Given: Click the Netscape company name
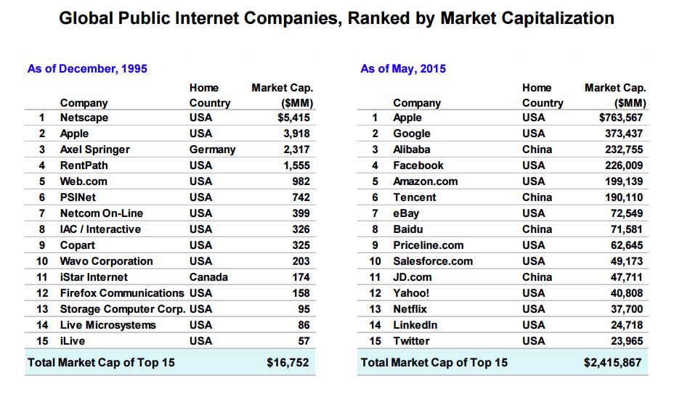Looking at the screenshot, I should [84, 118].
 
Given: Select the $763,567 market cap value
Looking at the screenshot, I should [622, 118].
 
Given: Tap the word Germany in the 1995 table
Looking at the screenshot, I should [212, 149].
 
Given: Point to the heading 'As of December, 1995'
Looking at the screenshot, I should [87, 69].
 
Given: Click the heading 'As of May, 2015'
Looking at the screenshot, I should [403, 69].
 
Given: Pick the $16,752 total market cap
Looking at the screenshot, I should [290, 363].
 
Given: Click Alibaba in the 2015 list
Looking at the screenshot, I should [412, 149].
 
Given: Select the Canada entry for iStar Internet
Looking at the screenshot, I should [208, 277].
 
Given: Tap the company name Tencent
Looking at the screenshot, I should [415, 197].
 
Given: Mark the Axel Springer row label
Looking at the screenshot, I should [94, 149].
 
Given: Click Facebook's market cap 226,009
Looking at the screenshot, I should [625, 165].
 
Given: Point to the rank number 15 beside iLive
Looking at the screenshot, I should [42, 341].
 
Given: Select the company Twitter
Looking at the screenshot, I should [411, 341].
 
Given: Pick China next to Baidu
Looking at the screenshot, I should [537, 229].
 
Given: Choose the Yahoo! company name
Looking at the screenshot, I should [411, 293].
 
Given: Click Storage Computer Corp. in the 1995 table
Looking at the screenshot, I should [121, 309].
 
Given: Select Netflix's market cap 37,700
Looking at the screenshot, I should [628, 309].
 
